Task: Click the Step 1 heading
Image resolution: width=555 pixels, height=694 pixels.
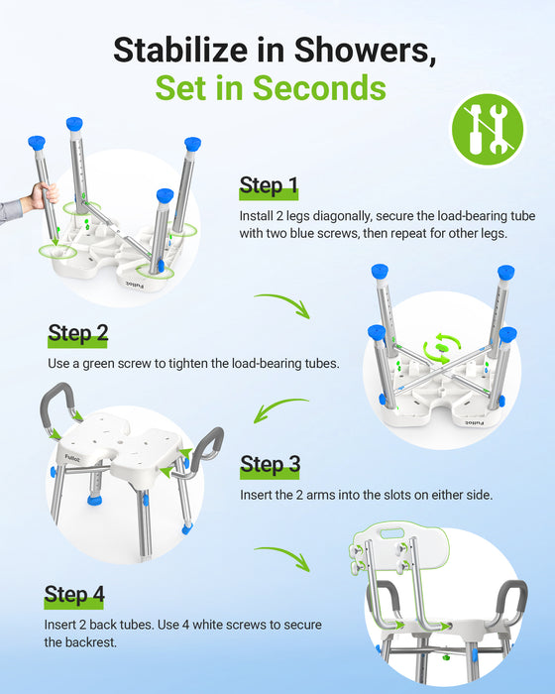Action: click(269, 185)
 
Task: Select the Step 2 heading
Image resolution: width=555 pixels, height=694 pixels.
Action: click(78, 333)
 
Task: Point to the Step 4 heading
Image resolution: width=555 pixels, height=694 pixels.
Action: click(74, 595)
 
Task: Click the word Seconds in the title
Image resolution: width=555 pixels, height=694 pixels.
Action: click(318, 87)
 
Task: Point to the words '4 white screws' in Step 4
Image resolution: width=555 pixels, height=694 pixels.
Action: click(231, 625)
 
